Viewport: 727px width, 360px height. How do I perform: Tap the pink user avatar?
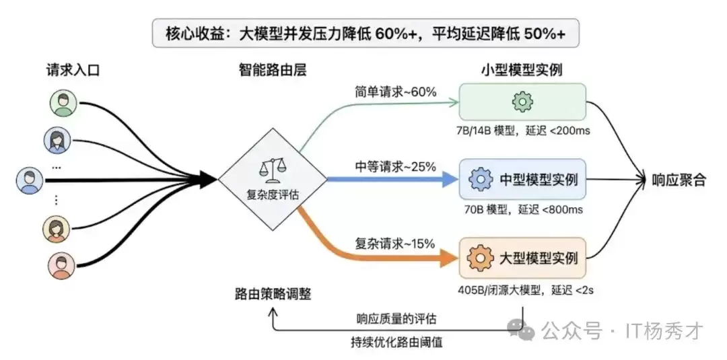tap(62, 266)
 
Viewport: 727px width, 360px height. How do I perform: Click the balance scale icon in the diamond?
tap(272, 170)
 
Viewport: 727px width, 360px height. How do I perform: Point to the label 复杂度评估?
tap(273, 195)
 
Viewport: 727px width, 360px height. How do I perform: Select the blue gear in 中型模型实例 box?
tap(479, 180)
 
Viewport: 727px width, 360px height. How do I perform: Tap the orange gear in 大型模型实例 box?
tap(479, 258)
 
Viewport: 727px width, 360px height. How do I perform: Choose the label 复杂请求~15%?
tap(395, 243)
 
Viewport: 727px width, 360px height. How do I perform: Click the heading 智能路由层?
tap(273, 70)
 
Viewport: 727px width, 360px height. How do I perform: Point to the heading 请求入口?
tap(73, 70)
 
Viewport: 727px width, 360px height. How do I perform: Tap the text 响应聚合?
tap(679, 180)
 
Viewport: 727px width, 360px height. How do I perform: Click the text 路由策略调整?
tap(273, 294)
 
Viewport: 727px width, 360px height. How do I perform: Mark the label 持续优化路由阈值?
tap(396, 343)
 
